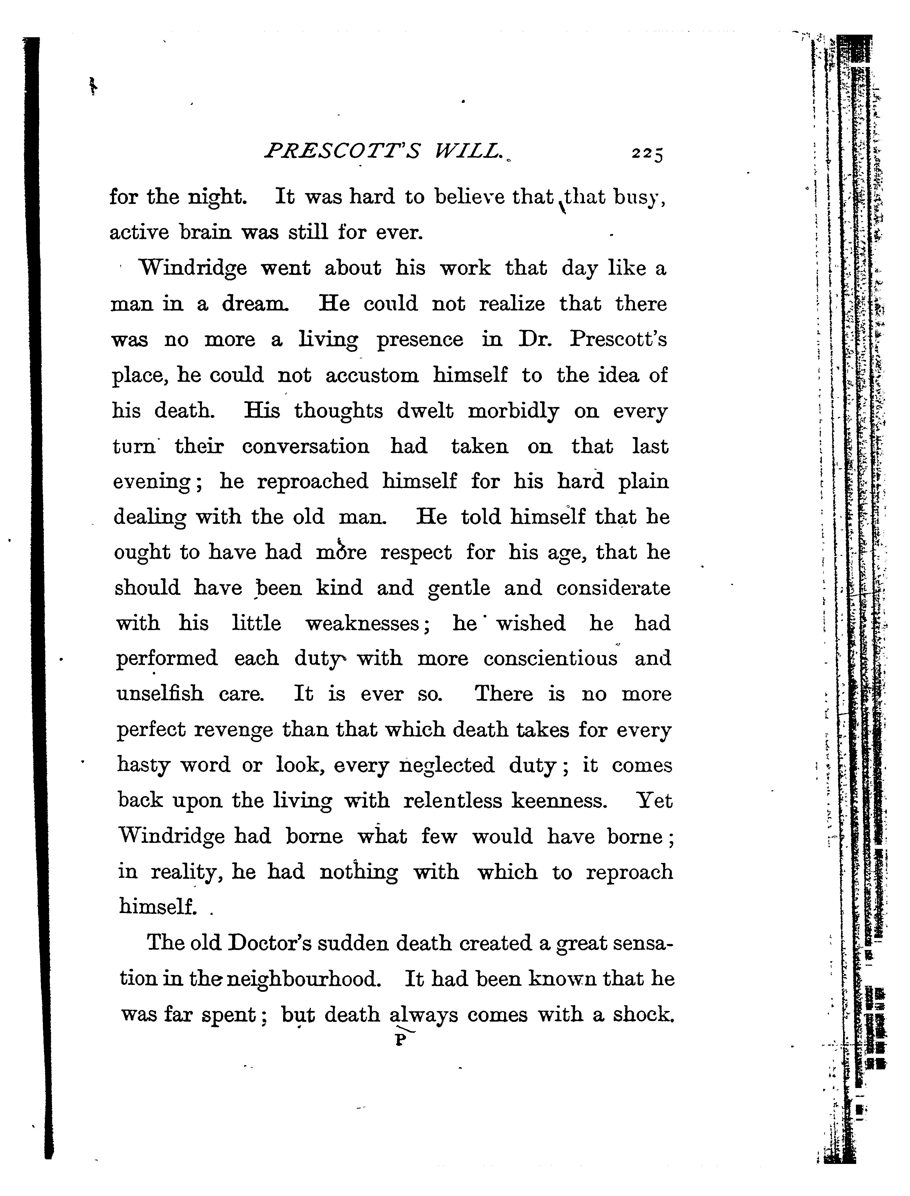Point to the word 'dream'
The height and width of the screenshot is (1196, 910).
[x=254, y=304]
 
